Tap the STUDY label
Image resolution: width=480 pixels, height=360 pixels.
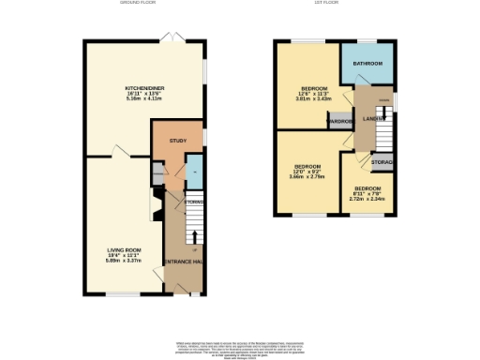click(177, 141)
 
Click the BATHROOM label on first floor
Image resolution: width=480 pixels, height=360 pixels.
click(367, 64)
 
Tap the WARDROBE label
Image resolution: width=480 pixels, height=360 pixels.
click(338, 122)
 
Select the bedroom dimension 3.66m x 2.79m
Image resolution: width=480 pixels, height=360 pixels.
click(308, 176)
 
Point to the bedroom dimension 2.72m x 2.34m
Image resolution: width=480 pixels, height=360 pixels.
click(365, 198)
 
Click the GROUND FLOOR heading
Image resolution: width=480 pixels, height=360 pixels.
click(137, 4)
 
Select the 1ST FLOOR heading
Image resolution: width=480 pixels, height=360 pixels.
click(325, 4)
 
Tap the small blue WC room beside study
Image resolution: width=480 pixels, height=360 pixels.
click(193, 172)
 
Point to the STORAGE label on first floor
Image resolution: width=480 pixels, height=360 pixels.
click(382, 164)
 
